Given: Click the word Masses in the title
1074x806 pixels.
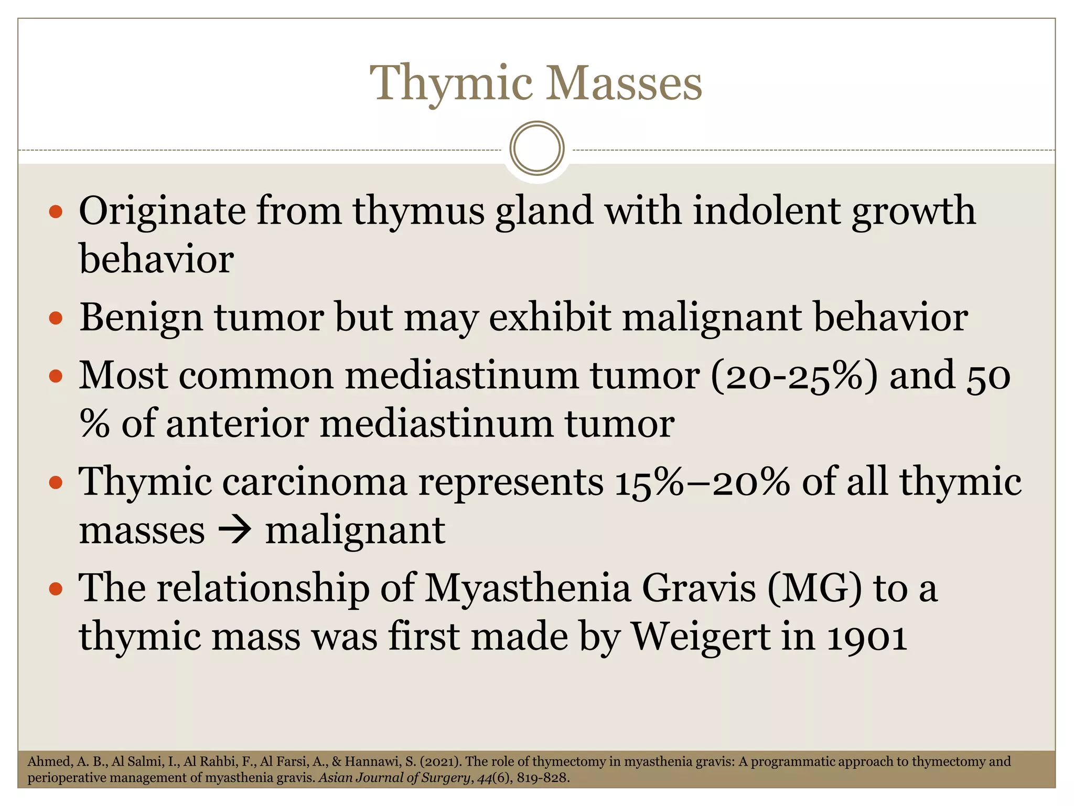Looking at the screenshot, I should [624, 84].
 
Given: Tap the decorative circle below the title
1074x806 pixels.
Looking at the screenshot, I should [537, 149].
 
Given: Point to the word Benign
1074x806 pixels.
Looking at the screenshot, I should [141, 318].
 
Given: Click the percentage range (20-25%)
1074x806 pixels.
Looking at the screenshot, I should [794, 376].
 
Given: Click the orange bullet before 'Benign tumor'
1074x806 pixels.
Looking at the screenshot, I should [56, 318].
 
